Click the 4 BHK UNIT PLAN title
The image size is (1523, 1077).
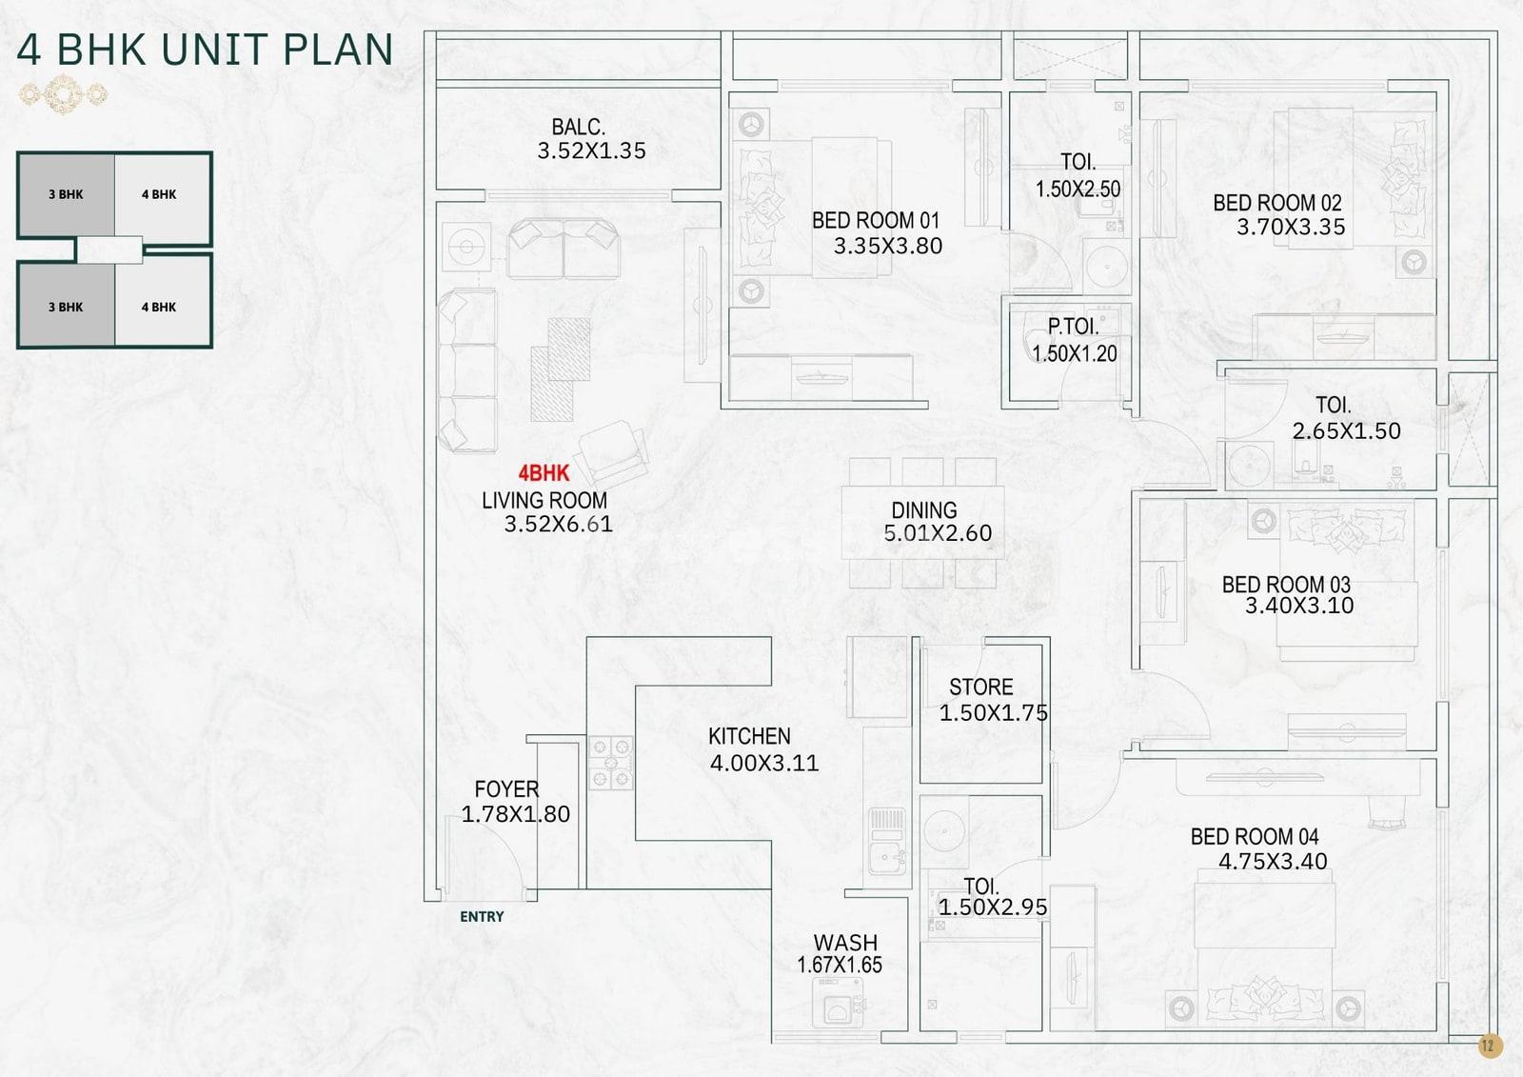(205, 49)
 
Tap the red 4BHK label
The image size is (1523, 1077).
(544, 473)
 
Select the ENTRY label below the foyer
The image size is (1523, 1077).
(482, 916)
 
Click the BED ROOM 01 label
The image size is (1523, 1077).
(876, 220)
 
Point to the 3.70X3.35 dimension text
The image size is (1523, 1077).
(1291, 227)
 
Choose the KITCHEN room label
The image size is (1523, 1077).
(749, 736)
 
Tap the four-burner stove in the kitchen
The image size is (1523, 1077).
(610, 763)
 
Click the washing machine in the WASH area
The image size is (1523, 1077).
(838, 1003)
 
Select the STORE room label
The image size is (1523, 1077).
(981, 688)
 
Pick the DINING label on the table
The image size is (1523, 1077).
(924, 510)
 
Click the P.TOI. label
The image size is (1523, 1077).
(1073, 327)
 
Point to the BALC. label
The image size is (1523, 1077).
(578, 127)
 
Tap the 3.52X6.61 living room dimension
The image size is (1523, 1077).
(558, 524)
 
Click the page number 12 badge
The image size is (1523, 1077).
(1489, 1046)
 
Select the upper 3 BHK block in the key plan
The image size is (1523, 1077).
(66, 194)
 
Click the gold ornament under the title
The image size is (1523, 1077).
(63, 94)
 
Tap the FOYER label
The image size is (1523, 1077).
(506, 789)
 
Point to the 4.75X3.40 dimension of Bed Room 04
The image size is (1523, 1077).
(1273, 862)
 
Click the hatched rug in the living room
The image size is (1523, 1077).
(561, 369)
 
